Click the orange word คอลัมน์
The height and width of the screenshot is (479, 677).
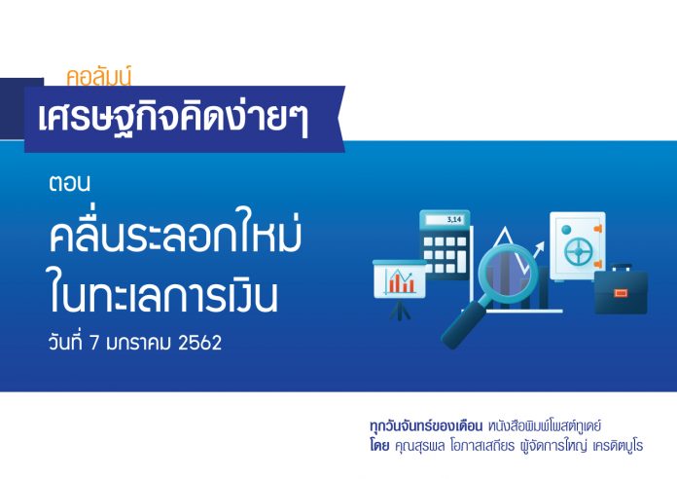[98, 76]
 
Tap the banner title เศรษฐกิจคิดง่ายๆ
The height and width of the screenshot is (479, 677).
[173, 118]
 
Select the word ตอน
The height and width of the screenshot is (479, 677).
[69, 183]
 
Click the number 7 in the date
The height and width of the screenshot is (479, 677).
[94, 343]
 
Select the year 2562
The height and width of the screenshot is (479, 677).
[199, 343]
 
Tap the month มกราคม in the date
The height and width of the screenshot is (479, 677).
[138, 343]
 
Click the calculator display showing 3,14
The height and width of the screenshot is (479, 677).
[445, 220]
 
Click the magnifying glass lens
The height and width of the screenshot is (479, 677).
[508, 274]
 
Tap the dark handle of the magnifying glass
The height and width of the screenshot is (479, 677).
[462, 325]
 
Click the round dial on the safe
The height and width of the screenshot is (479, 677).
[578, 250]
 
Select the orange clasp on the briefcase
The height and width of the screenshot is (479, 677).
[621, 294]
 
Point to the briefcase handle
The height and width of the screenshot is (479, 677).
[622, 268]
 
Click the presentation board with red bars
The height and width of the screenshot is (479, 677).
[400, 279]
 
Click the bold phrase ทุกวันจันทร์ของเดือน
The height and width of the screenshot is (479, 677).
[426, 426]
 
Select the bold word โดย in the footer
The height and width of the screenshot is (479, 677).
[379, 445]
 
